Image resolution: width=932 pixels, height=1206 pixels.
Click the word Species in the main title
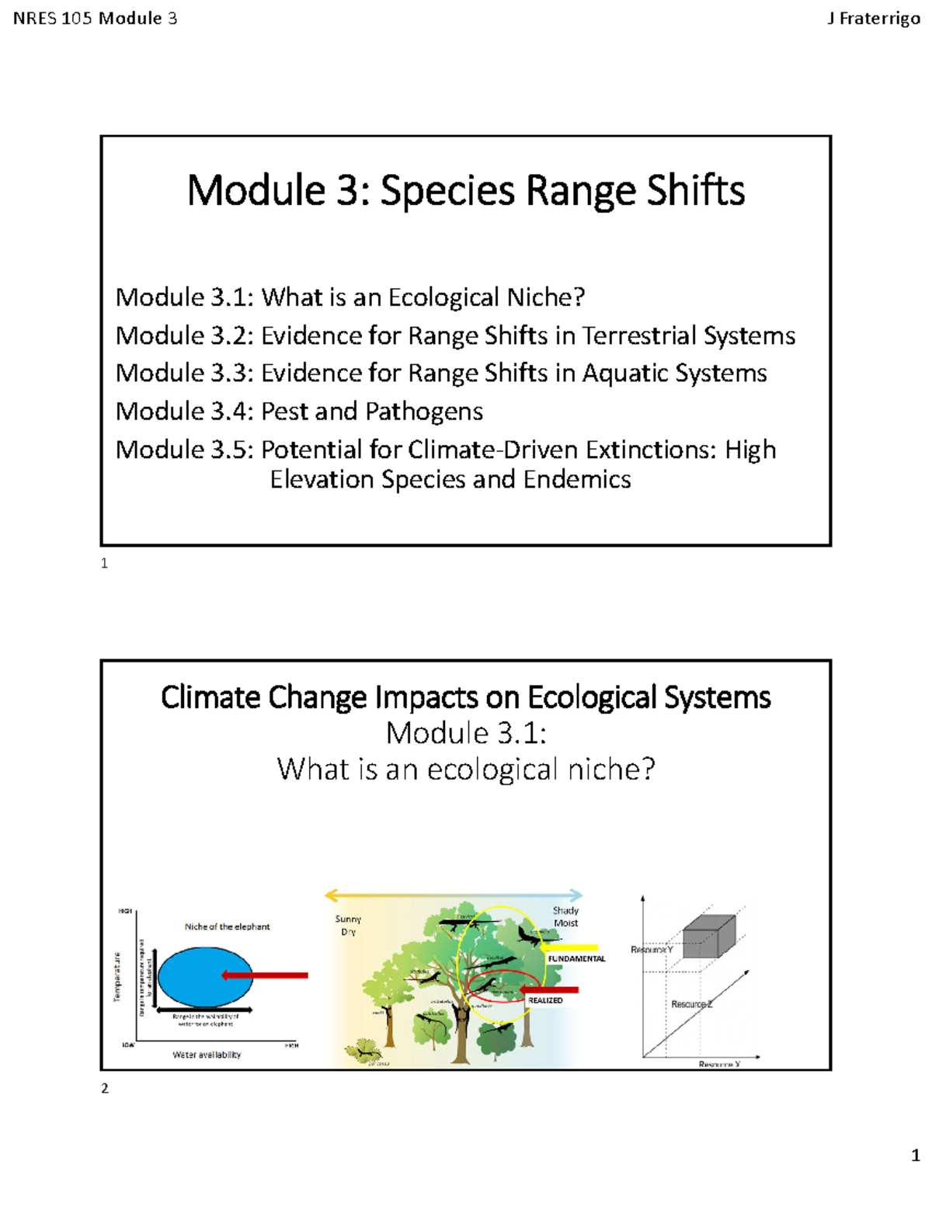tap(447, 191)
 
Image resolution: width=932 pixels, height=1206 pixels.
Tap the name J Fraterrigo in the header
tap(873, 19)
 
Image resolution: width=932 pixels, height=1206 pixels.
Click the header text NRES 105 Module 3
tap(95, 19)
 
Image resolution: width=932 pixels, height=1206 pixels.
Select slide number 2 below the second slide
tap(105, 1089)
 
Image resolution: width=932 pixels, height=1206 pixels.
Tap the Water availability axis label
tap(207, 1055)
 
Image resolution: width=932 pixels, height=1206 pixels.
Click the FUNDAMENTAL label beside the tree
tap(576, 959)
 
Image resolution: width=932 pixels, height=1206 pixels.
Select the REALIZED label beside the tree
tap(545, 1001)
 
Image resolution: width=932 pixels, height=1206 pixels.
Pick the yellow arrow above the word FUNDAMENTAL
tap(570, 947)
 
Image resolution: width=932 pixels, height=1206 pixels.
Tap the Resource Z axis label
tap(691, 1004)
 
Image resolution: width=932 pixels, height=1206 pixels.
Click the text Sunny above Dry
tap(348, 919)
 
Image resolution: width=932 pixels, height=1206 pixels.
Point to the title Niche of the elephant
tap(227, 926)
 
